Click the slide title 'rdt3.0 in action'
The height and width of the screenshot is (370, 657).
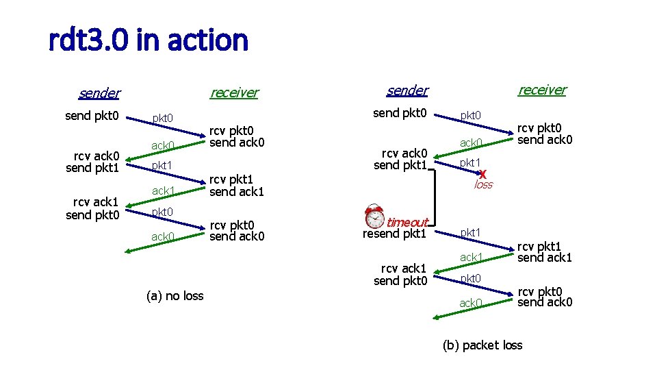coord(149,41)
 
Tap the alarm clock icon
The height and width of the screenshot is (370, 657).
coord(374,216)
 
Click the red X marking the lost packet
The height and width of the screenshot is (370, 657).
coord(482,173)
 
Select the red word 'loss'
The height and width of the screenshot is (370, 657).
coord(483,185)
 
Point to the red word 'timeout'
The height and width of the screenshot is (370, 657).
coord(407,222)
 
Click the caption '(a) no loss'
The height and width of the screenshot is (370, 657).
coord(175,296)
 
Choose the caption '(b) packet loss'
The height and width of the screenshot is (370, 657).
coord(482,345)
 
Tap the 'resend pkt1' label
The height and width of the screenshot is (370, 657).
coord(394,234)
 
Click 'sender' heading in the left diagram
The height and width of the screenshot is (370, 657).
coord(99,93)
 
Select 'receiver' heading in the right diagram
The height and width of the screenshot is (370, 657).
coord(542,90)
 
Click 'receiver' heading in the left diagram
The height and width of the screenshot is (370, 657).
coord(234,92)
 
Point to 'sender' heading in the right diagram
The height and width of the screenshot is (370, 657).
coord(407,90)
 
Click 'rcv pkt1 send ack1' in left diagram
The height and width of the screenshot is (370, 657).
coord(236,186)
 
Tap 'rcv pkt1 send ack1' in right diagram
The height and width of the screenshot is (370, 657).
coord(544,251)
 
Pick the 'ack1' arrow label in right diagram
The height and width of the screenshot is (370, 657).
coord(471,257)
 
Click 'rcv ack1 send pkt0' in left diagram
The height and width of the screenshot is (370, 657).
coord(92,208)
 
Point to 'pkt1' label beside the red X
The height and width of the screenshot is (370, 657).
coord(470,162)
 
